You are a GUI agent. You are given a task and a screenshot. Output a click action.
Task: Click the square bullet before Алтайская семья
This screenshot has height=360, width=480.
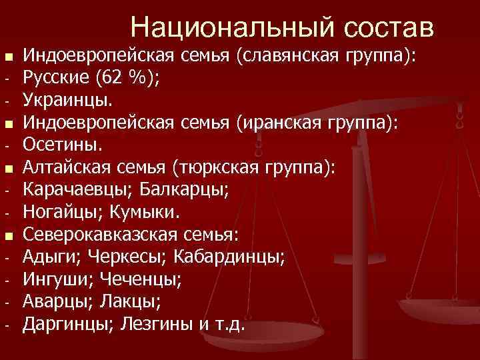tap(7, 168)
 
